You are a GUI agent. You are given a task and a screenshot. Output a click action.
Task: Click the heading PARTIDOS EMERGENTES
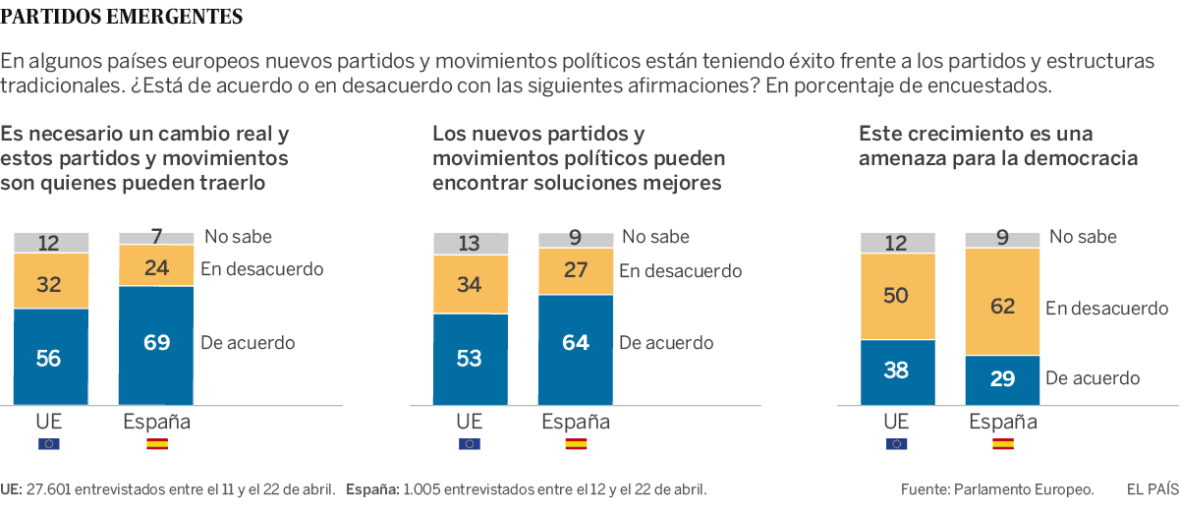click(122, 17)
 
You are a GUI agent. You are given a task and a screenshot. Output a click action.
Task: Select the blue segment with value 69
click(156, 344)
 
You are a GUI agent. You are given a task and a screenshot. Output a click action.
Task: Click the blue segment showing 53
click(470, 359)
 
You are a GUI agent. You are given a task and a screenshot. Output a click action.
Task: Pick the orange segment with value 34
click(470, 285)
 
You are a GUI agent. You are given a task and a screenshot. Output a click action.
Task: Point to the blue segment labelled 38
click(896, 371)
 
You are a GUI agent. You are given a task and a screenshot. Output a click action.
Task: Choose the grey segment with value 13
click(470, 244)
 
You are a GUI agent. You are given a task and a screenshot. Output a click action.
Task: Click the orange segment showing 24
click(156, 265)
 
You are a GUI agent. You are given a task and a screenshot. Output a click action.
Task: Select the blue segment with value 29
click(1002, 379)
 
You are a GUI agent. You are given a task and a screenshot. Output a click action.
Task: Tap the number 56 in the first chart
click(48, 359)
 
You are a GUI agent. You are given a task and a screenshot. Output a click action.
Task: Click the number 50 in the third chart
click(896, 297)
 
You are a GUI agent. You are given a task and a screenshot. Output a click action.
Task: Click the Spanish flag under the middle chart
click(576, 444)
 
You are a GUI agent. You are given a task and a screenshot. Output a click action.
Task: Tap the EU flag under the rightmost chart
click(896, 444)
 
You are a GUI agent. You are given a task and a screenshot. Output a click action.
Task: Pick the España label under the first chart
click(156, 422)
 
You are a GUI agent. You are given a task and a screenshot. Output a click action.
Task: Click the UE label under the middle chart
click(470, 422)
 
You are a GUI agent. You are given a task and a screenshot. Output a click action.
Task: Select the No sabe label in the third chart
click(1083, 237)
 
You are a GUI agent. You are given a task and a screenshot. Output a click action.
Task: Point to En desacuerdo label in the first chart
click(261, 268)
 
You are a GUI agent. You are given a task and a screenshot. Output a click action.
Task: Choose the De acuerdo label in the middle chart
click(666, 343)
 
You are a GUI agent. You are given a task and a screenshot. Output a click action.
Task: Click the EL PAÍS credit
click(1151, 488)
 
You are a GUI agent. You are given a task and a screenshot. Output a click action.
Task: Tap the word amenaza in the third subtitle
click(904, 158)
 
